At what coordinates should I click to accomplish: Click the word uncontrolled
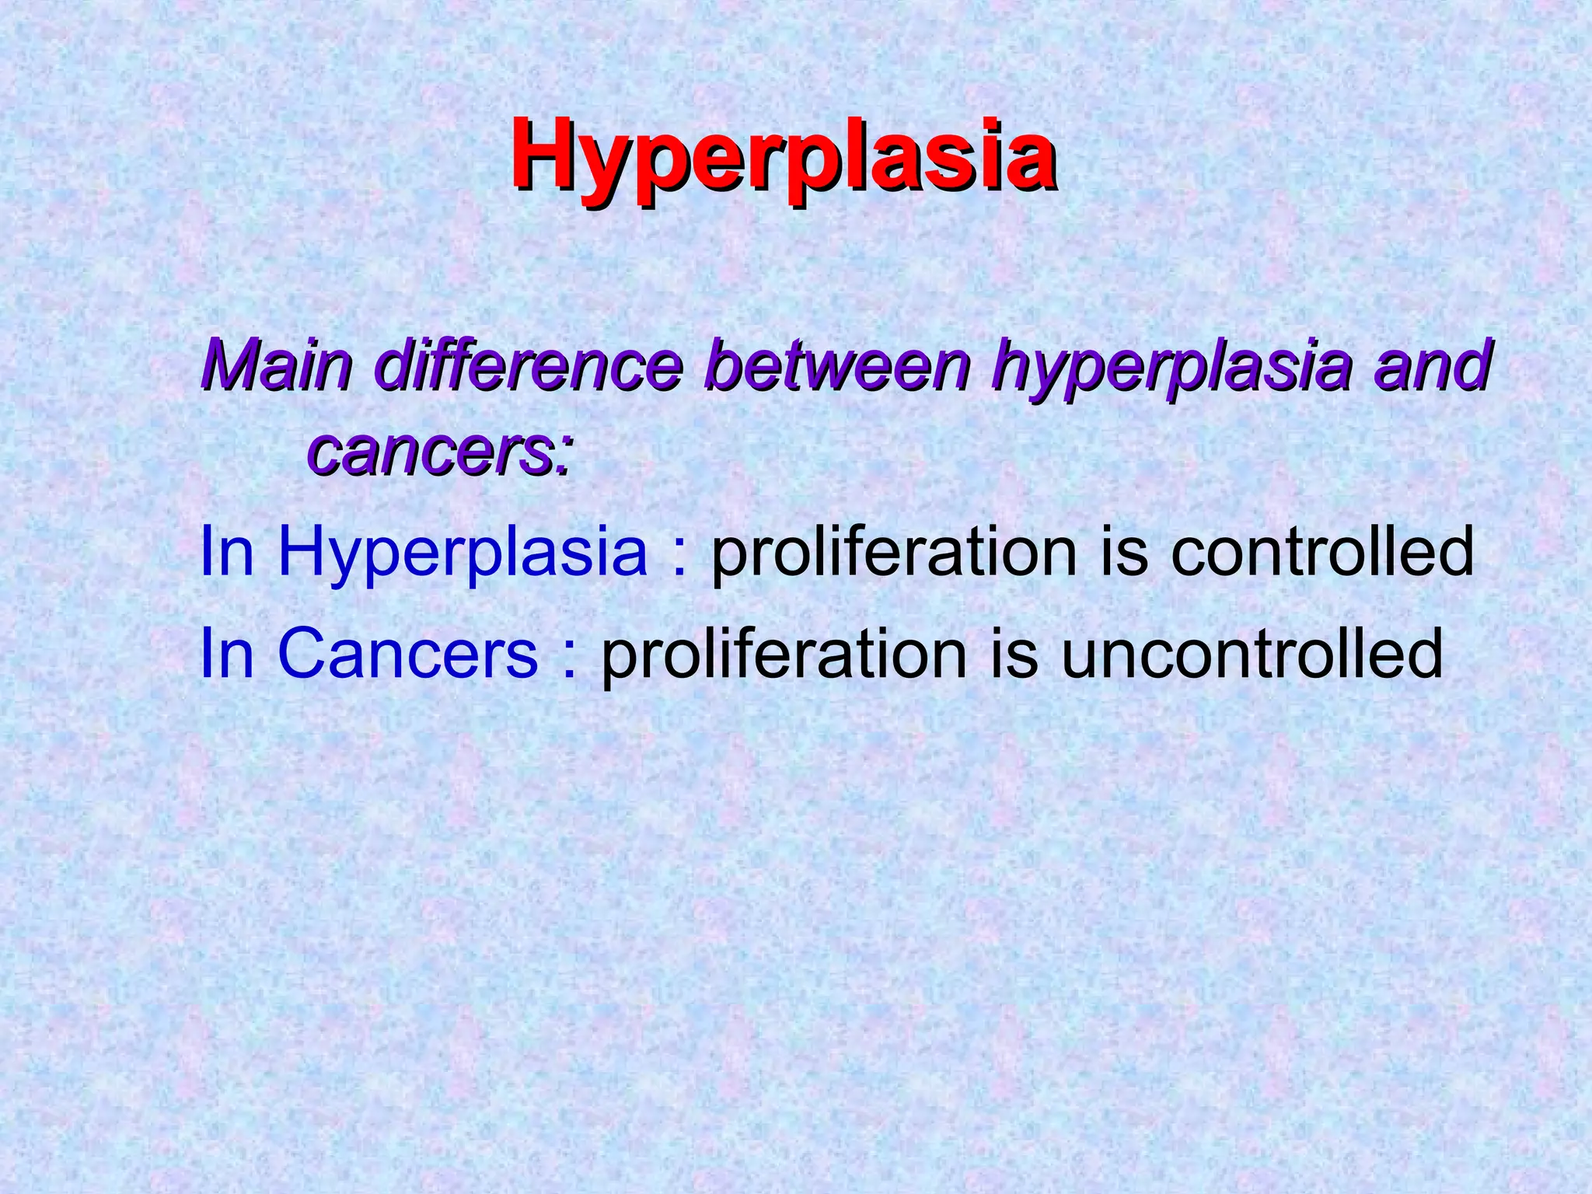click(1252, 654)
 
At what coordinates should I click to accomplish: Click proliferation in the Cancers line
click(784, 655)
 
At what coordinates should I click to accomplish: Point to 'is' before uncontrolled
click(1014, 654)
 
